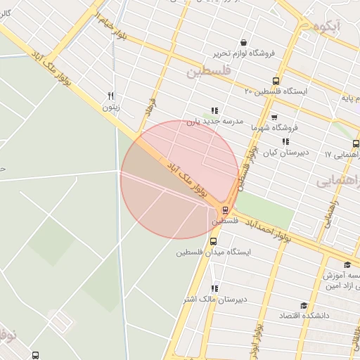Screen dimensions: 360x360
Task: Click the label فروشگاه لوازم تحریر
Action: (x=243, y=53)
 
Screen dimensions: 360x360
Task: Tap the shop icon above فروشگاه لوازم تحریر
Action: (x=243, y=42)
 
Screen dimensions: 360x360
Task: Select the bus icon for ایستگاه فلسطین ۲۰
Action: (x=276, y=81)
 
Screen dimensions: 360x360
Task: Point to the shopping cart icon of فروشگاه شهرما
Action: (x=274, y=117)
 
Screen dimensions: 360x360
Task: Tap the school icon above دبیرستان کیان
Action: (x=285, y=141)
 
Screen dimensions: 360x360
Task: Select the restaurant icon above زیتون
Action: (x=110, y=96)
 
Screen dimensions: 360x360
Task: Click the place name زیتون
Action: (x=111, y=108)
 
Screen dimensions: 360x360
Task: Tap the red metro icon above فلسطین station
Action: (x=225, y=209)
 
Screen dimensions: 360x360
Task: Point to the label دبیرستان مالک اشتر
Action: (x=214, y=300)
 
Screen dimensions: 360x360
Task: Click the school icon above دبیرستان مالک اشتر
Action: (x=214, y=288)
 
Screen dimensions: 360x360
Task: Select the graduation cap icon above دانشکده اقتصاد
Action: (x=304, y=305)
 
